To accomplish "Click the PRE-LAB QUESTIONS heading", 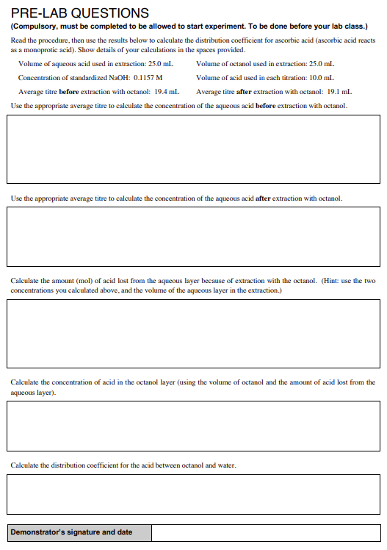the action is point(79,13).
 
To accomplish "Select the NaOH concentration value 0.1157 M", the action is point(148,77).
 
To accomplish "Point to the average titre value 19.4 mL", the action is point(167,91).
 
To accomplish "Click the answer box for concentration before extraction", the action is point(193,149).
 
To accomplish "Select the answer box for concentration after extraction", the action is point(193,237).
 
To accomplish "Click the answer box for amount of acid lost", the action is point(193,333).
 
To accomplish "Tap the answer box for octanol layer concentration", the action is point(193,425).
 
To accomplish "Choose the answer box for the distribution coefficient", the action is point(193,494).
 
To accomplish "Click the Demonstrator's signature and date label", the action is point(72,532).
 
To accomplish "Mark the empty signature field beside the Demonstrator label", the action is point(266,532).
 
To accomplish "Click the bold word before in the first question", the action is point(266,107).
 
